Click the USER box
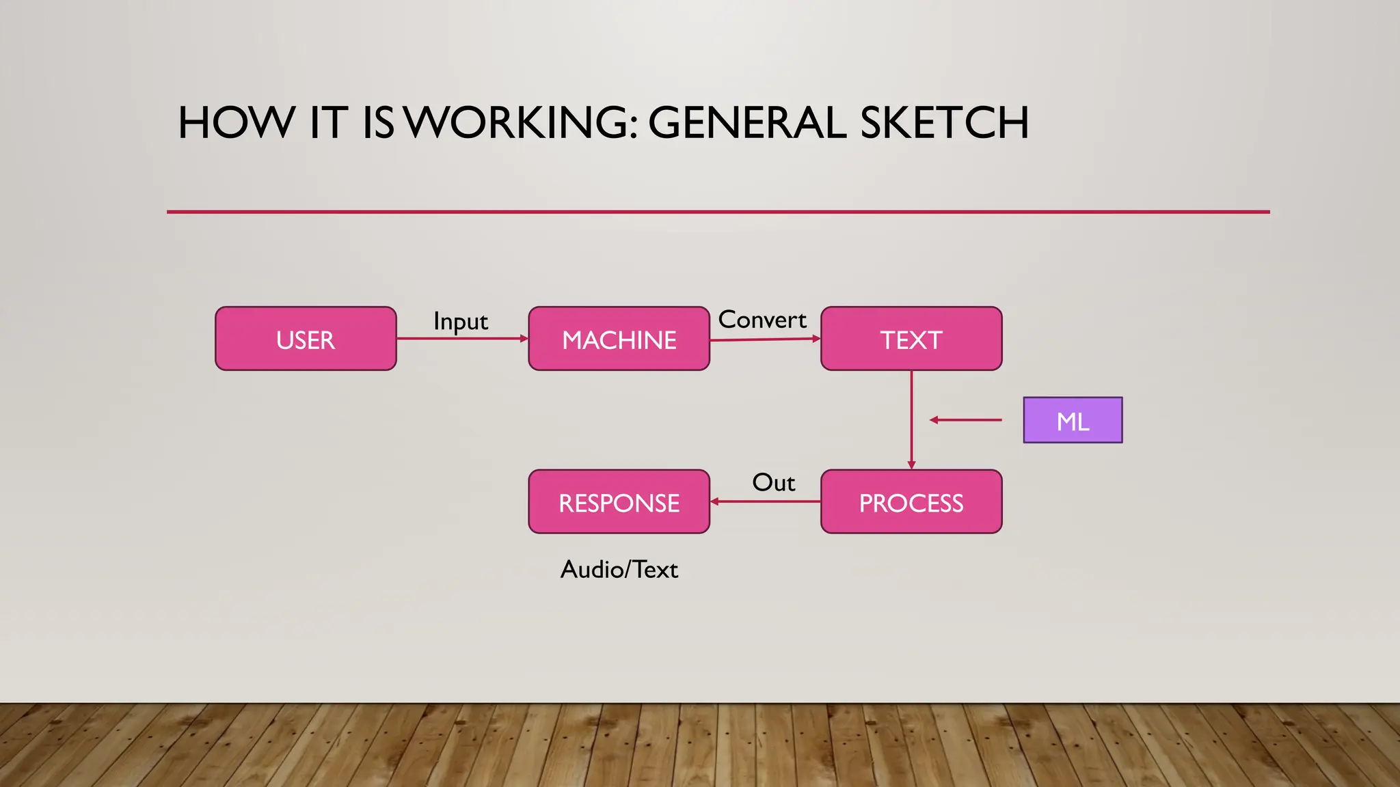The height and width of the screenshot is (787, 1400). (x=306, y=339)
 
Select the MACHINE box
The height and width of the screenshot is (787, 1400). (x=619, y=339)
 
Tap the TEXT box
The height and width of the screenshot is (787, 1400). (x=911, y=339)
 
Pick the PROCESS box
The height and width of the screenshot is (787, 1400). (x=911, y=502)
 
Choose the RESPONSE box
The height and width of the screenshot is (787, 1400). (x=619, y=502)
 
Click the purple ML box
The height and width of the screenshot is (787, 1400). (x=1073, y=420)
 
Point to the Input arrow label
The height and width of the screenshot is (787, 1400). (x=461, y=321)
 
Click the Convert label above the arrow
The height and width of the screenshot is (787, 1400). (x=762, y=320)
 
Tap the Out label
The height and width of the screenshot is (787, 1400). (x=773, y=482)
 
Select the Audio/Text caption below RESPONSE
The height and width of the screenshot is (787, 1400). (x=619, y=569)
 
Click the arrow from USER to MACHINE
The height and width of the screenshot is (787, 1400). (x=462, y=338)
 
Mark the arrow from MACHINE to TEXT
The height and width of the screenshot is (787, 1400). (x=765, y=339)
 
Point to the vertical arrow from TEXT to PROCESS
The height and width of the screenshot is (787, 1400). (x=911, y=420)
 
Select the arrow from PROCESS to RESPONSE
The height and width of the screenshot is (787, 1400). (x=765, y=501)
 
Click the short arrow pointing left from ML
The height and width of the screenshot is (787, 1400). (x=965, y=420)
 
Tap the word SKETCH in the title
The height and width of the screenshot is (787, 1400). (x=944, y=123)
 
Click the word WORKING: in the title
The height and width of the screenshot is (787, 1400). (x=522, y=123)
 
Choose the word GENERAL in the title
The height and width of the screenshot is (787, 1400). (x=747, y=123)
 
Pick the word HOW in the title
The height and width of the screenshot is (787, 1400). (x=237, y=123)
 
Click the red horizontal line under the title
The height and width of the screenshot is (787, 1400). (x=718, y=212)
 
